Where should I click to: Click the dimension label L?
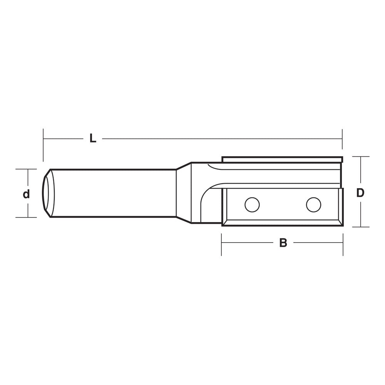[93, 139]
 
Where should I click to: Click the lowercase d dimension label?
[26, 194]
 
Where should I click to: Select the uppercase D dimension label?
[360, 193]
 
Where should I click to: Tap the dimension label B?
[283, 243]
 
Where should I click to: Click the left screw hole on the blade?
[252, 204]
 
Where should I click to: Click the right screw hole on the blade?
[313, 204]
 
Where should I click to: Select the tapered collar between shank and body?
[184, 193]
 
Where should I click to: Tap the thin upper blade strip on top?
[282, 159]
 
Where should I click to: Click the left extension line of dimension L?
[44, 146]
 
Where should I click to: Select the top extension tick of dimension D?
[361, 157]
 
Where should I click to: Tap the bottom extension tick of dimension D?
[361, 227]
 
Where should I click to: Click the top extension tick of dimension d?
[26, 169]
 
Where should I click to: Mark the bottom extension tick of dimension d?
[26, 217]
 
